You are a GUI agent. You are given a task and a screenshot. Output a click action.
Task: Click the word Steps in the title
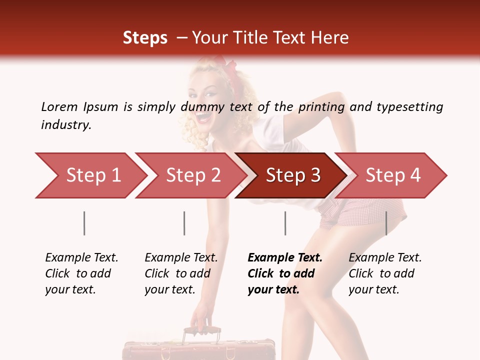coord(145,37)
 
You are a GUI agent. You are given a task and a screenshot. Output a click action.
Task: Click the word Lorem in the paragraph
coord(59,106)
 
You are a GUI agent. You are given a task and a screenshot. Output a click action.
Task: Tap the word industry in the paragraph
coord(65,124)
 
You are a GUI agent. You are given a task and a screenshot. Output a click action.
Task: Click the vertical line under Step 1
coord(84,223)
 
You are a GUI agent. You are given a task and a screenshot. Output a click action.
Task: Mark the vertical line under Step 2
coord(184,223)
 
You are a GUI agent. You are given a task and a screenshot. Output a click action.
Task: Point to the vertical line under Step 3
coord(285,223)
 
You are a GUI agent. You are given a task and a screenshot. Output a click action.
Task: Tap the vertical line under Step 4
coord(386,223)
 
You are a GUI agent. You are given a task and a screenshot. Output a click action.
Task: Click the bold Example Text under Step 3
coord(285,257)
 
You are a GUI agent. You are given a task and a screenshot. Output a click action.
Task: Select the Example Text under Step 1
coord(81,257)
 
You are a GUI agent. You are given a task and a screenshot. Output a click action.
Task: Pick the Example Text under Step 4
coord(385,257)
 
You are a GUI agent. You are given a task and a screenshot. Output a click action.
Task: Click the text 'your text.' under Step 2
coord(170,289)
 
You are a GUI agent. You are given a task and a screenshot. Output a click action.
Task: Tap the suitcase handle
coord(202,331)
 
